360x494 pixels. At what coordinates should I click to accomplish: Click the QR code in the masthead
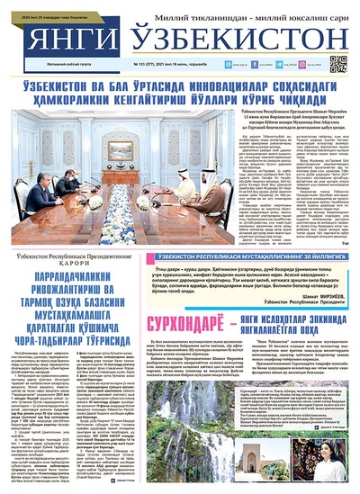pyautogui.click(x=338, y=63)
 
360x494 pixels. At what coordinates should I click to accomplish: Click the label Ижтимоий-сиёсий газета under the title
pyautogui.click(x=54, y=66)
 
